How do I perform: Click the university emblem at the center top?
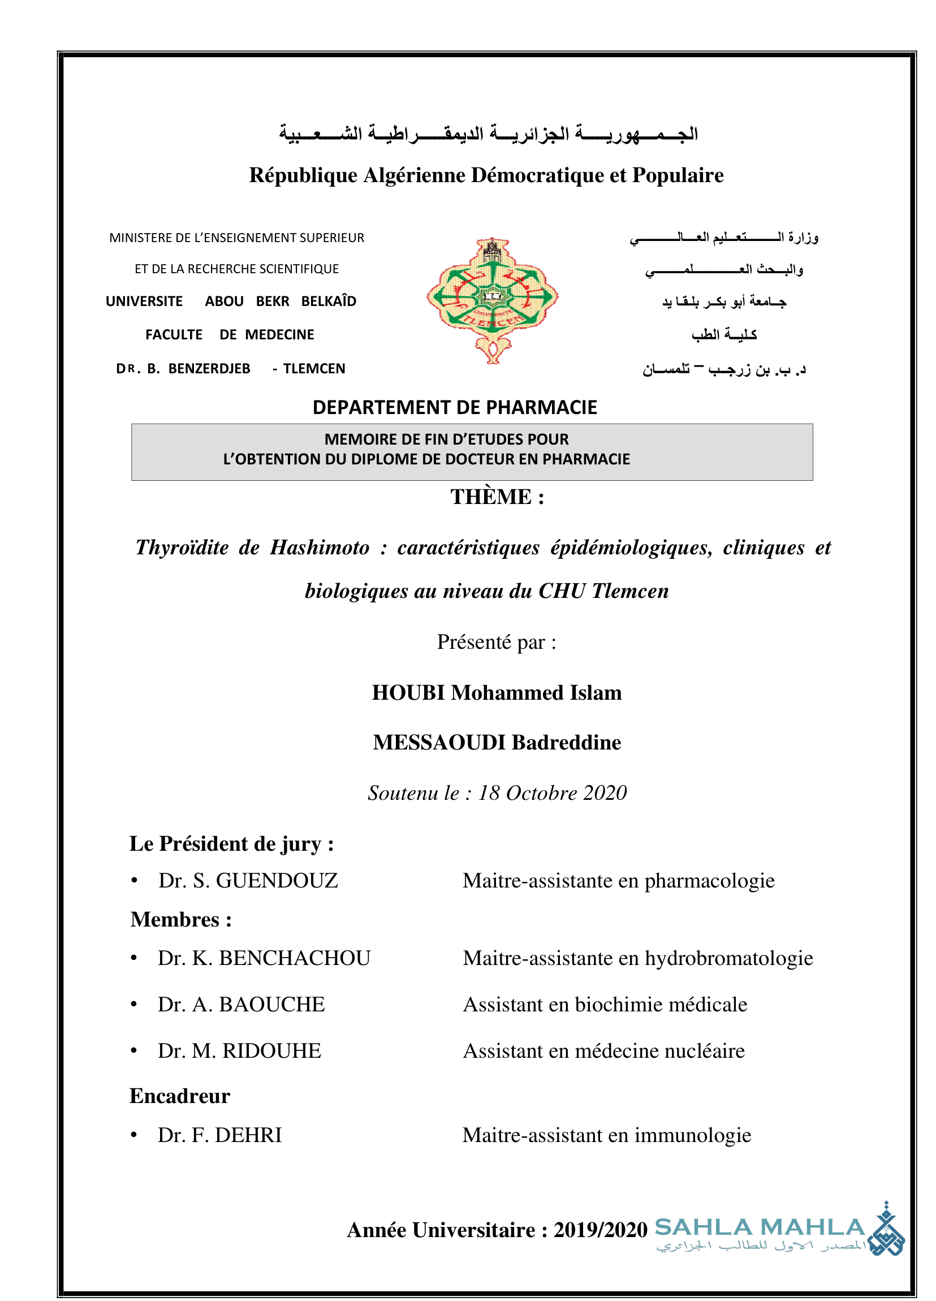pyautogui.click(x=492, y=300)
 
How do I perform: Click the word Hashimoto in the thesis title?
pyautogui.click(x=320, y=547)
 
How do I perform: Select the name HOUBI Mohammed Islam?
pyautogui.click(x=497, y=692)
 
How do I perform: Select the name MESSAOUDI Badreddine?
pyautogui.click(x=497, y=742)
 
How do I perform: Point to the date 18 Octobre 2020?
pyautogui.click(x=553, y=792)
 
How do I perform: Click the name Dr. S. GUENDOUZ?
pyautogui.click(x=248, y=881)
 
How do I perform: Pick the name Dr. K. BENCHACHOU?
pyautogui.click(x=264, y=958)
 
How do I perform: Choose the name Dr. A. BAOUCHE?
pyautogui.click(x=241, y=1005)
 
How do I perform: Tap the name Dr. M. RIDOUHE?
pyautogui.click(x=239, y=1051)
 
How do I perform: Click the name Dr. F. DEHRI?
pyautogui.click(x=219, y=1135)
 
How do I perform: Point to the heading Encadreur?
pyautogui.click(x=179, y=1096)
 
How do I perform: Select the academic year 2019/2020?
pyautogui.click(x=600, y=1230)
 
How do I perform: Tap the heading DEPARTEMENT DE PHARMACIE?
pyautogui.click(x=454, y=407)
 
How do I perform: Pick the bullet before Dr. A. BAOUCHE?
pyautogui.click(x=133, y=1005)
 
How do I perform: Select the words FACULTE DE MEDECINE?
pyautogui.click(x=230, y=334)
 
